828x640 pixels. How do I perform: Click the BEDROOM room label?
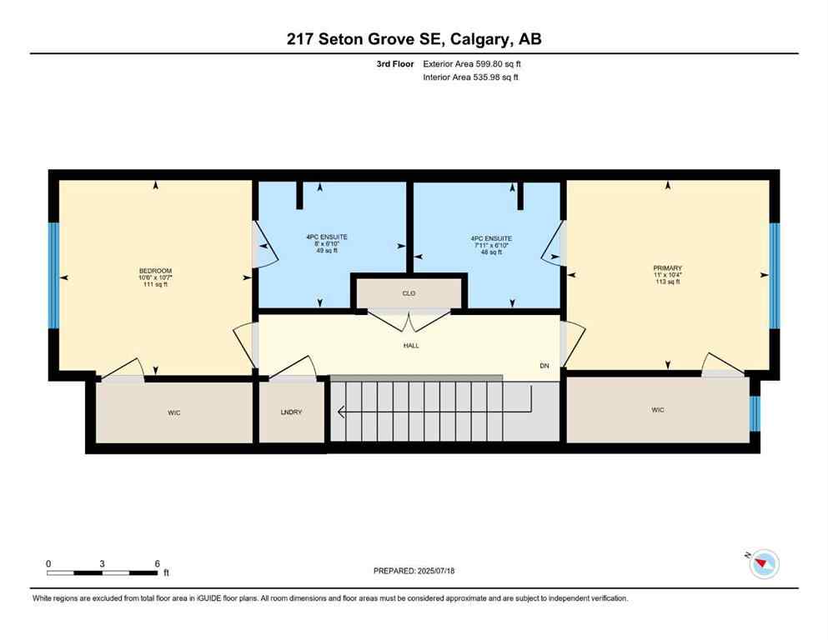(155, 271)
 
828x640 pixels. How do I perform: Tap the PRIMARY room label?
(667, 267)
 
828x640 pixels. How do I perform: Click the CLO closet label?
(409, 293)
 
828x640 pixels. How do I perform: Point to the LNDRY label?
(291, 411)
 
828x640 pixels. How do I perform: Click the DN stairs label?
(544, 366)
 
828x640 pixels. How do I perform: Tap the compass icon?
(763, 564)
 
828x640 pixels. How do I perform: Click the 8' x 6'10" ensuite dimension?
(326, 244)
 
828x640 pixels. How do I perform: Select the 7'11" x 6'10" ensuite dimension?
(490, 245)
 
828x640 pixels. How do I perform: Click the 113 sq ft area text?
(667, 282)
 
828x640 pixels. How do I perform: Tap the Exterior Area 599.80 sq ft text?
(472, 63)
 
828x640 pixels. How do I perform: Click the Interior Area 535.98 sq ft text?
(470, 77)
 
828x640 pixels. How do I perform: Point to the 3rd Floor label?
(395, 63)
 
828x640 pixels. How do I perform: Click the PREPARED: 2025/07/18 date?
(414, 571)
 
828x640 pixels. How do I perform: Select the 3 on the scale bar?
(102, 564)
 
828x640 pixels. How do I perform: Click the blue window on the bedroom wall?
(53, 275)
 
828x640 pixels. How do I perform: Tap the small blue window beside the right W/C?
(755, 413)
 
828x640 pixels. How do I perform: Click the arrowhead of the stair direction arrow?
(340, 411)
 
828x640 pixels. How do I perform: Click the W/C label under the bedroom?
(174, 411)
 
